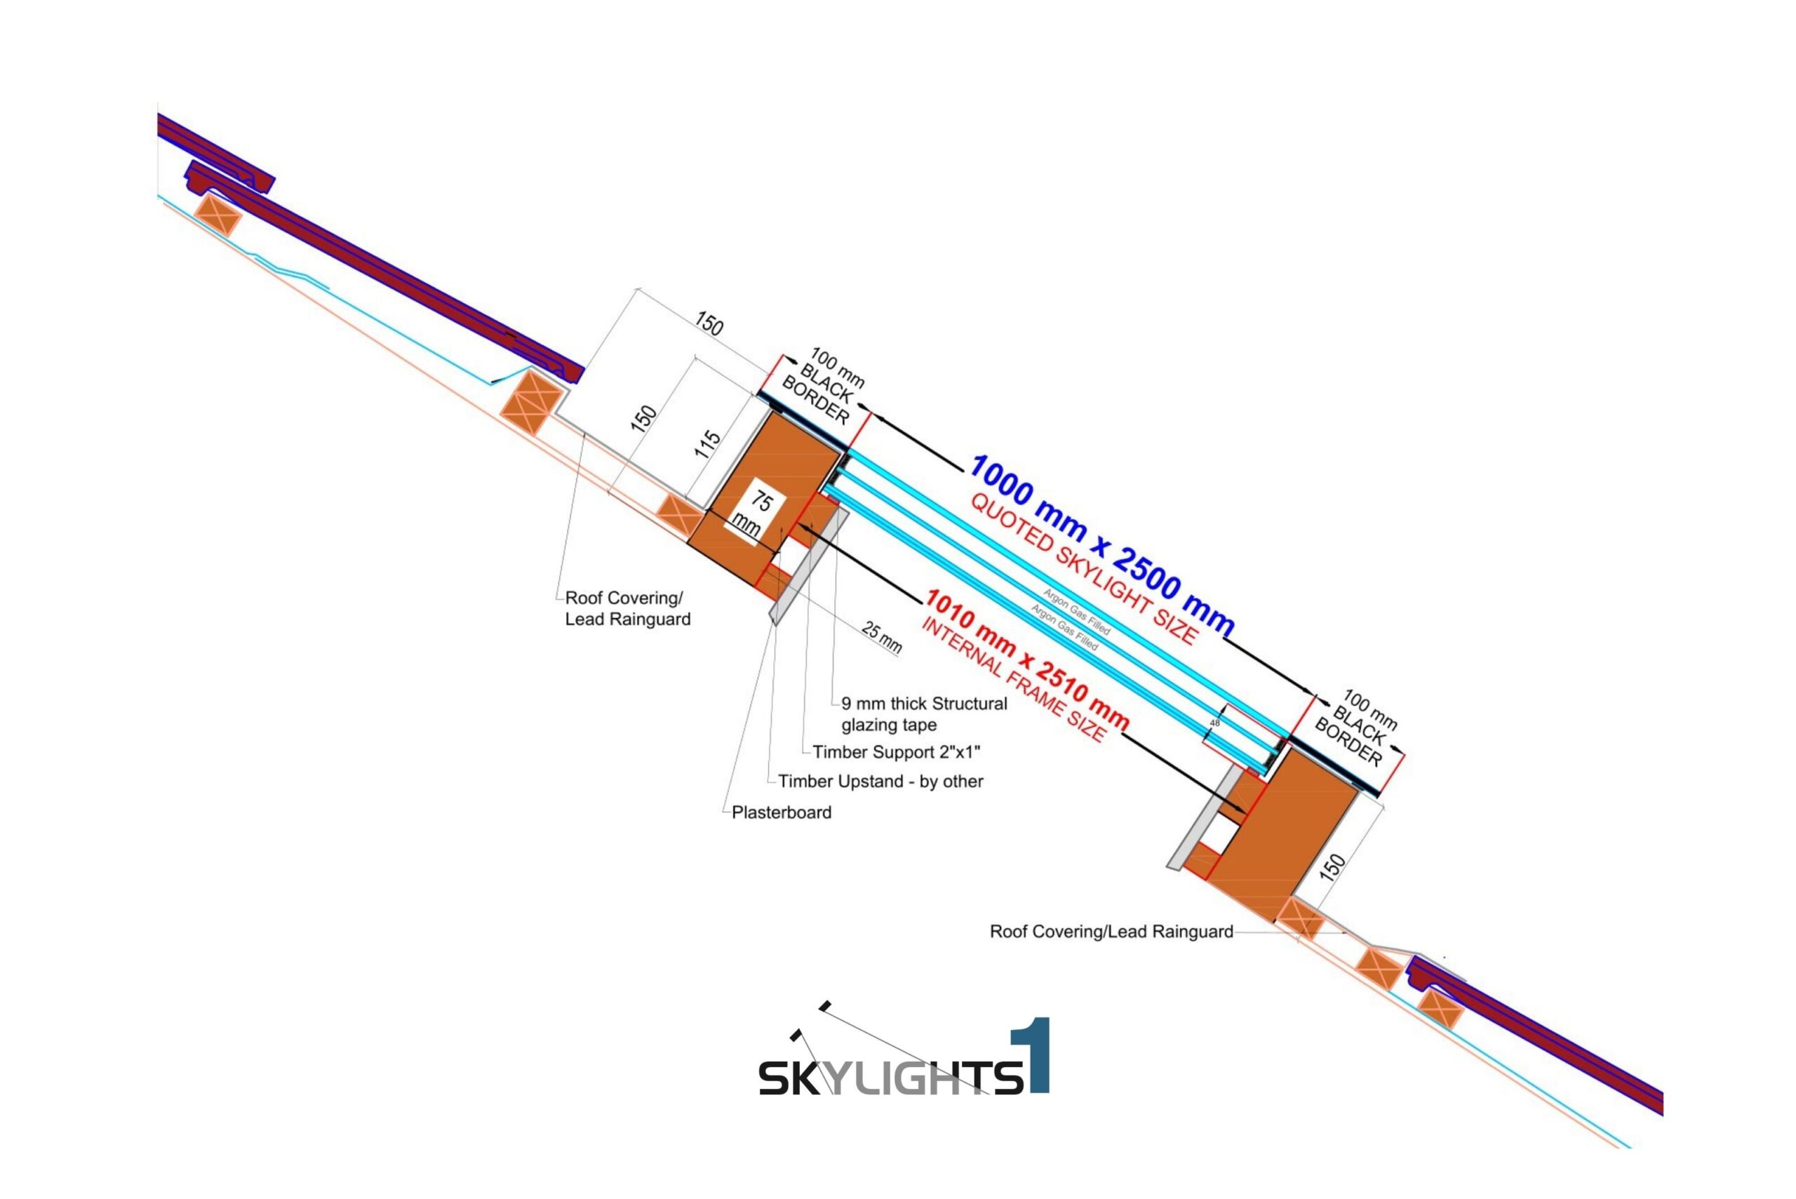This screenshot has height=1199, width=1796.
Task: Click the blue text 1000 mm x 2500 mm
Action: point(1101,544)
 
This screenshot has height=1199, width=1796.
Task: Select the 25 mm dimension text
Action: point(882,637)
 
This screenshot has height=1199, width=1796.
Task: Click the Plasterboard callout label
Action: point(781,812)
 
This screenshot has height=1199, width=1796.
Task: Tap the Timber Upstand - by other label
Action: point(880,782)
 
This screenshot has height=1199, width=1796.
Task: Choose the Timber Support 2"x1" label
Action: point(896,752)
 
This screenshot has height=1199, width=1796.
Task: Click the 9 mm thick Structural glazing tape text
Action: point(924,714)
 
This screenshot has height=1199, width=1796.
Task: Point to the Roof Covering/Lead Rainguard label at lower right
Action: point(1111,932)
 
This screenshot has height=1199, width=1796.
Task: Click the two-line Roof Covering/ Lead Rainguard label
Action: point(627,609)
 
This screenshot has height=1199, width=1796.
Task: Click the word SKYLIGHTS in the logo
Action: point(891,1077)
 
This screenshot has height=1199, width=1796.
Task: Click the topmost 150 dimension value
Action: point(709,324)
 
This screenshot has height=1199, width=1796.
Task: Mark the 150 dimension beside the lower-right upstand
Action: point(1332,868)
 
